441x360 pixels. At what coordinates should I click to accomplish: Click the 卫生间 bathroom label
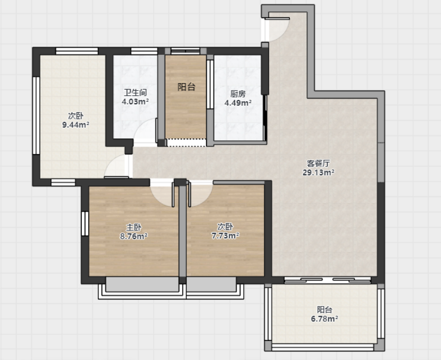[x=135, y=92]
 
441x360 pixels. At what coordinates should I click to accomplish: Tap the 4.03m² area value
[x=135, y=101]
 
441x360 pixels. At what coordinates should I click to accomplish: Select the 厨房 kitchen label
[x=238, y=94]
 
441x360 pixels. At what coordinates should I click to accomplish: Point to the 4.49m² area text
[x=238, y=103]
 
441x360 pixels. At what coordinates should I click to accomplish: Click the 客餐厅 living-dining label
[x=318, y=163]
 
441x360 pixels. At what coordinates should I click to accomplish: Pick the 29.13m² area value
[x=318, y=172]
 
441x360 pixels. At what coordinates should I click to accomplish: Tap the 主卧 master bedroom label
[x=134, y=227]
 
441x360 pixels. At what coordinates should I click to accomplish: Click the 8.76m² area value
[x=134, y=236]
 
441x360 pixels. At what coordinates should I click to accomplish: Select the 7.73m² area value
[x=225, y=235]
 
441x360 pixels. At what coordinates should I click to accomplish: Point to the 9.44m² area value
[x=76, y=125]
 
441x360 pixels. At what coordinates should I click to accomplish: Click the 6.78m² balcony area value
[x=324, y=319]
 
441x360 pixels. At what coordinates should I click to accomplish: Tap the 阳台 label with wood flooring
[x=186, y=87]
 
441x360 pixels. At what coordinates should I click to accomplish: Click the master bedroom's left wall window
[x=85, y=224]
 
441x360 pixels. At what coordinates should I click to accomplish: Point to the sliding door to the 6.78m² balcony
[x=328, y=280]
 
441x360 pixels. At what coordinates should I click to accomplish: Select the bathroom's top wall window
[x=144, y=51]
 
